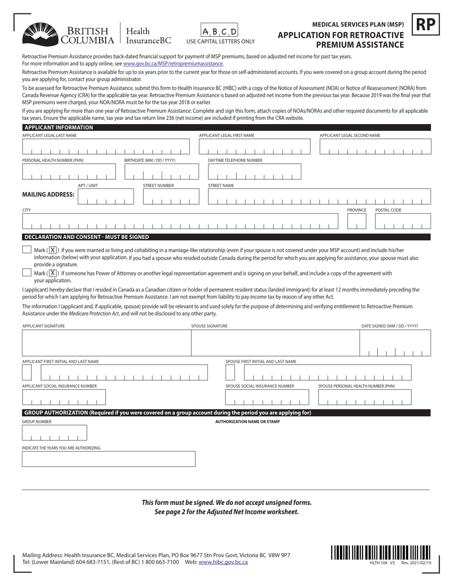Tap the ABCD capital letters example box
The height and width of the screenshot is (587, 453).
tap(219, 31)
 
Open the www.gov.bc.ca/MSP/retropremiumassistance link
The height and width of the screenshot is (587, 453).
tap(173, 63)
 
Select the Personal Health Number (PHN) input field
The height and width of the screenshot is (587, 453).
tap(69, 172)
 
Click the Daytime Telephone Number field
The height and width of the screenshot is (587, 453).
tap(255, 172)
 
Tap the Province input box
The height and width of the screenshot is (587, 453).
tap(356, 221)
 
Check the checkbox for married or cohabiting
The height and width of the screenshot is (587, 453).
tap(27, 250)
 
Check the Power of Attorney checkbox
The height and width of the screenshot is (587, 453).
tap(27, 273)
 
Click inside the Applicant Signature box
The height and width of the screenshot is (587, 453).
tap(106, 342)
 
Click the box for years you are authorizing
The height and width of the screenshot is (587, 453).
tap(109, 459)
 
